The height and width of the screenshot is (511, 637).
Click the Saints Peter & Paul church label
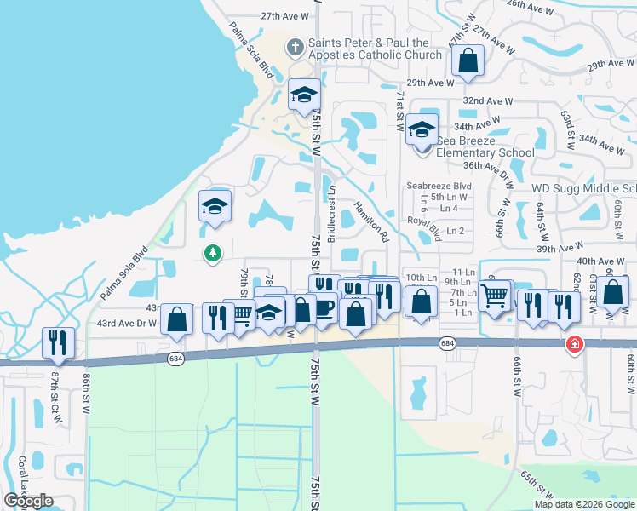[375, 49]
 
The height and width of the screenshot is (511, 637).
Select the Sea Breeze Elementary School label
[485, 146]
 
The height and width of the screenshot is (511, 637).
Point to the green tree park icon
[212, 252]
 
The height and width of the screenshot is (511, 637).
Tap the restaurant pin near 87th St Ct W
[58, 342]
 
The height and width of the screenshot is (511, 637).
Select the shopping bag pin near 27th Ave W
[468, 60]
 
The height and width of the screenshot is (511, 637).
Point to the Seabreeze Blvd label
[439, 185]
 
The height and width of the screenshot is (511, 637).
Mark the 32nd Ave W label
[487, 100]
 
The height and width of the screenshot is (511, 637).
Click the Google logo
[29, 501]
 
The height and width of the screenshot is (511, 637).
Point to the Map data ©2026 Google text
[584, 504]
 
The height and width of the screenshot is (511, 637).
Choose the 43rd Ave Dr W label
[127, 324]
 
